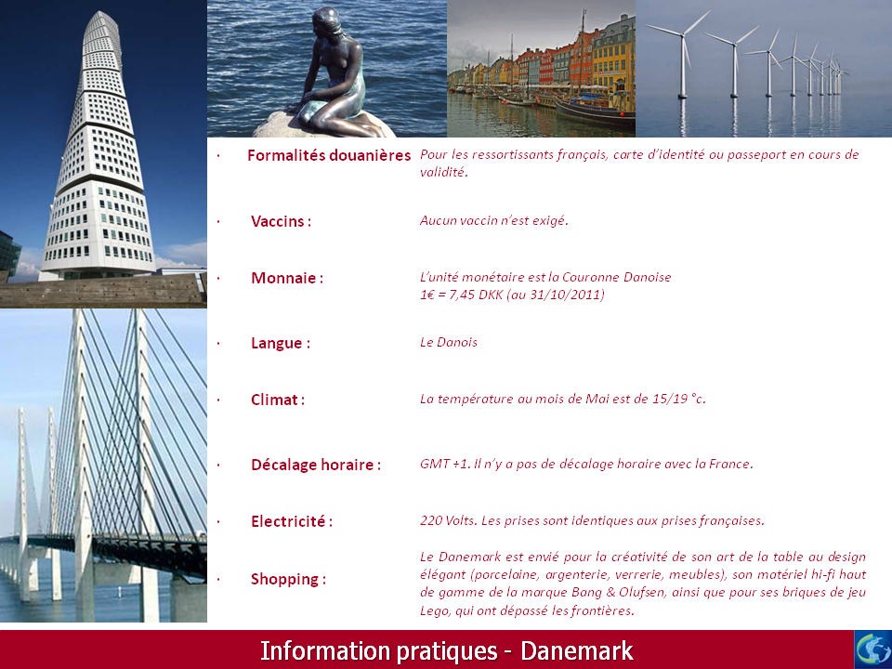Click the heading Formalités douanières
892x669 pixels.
pyautogui.click(x=329, y=155)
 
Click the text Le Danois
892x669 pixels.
pyautogui.click(x=448, y=343)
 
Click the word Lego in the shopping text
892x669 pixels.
pyautogui.click(x=432, y=611)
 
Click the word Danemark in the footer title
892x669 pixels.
pyautogui.click(x=577, y=650)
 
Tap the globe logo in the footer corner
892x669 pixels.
pyautogui.click(x=873, y=649)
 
